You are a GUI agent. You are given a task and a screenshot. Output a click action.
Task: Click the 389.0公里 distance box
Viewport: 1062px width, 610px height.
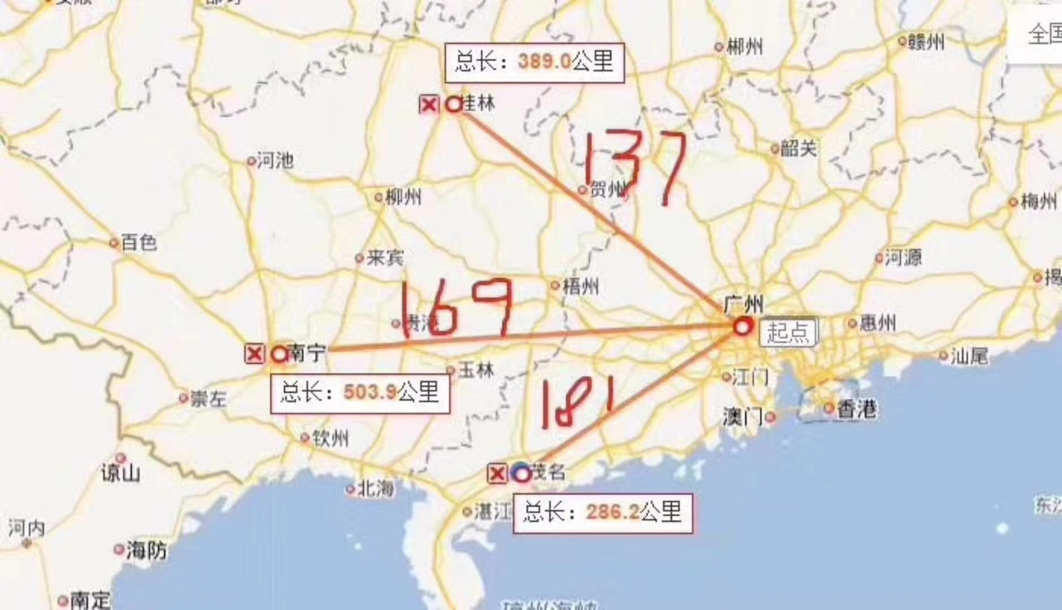pos(534,63)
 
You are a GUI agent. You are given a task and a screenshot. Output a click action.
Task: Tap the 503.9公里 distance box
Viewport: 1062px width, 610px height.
pos(360,392)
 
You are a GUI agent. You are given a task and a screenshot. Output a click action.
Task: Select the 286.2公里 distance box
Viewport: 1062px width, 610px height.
pos(602,513)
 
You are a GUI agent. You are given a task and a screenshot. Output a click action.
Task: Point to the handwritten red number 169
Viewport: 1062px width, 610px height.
pos(457,307)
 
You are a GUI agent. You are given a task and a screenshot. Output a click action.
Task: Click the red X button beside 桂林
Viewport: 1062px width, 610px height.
pos(429,104)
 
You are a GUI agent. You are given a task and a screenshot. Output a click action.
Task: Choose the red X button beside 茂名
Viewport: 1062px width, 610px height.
pos(497,473)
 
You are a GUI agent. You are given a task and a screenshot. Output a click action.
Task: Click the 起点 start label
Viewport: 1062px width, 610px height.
pos(787,332)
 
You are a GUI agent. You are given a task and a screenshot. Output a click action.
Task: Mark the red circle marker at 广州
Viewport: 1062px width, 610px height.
pos(743,326)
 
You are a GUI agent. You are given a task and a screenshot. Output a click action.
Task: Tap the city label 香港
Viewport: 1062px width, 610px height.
pos(856,408)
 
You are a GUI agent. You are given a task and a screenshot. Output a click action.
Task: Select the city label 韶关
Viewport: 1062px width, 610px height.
pos(798,149)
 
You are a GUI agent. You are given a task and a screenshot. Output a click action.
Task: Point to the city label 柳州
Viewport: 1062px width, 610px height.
pos(403,197)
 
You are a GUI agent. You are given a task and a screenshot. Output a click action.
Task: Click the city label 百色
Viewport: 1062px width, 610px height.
pos(138,243)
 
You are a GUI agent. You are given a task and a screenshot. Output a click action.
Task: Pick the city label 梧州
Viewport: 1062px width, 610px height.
pos(580,286)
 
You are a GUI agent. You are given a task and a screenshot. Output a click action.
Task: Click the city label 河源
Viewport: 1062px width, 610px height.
pos(903,258)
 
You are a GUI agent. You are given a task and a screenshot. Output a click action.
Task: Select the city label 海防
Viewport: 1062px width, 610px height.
pos(146,549)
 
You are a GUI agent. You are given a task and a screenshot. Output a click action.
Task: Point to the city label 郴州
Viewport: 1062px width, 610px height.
pos(744,47)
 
